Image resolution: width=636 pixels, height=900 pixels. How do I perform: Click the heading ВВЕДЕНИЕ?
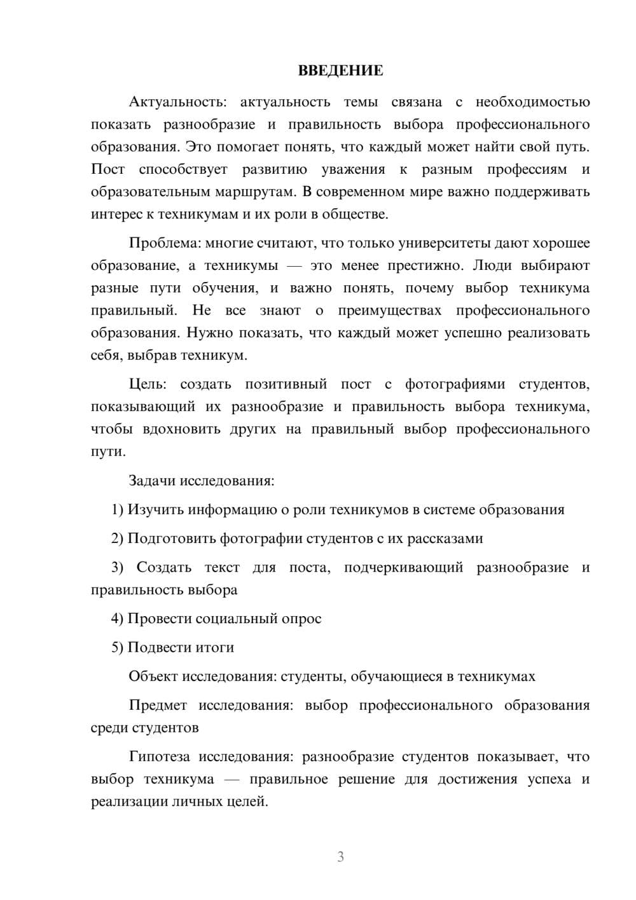pyautogui.click(x=340, y=71)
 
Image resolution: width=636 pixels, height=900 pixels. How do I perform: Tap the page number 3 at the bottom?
pyautogui.click(x=340, y=857)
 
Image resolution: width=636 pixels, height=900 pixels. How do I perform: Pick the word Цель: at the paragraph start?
pyautogui.click(x=148, y=384)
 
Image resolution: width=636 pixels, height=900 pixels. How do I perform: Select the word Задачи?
pyautogui.click(x=152, y=481)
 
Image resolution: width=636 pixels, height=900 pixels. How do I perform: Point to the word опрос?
pyautogui.click(x=301, y=619)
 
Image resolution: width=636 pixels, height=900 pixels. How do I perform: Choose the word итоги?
pyautogui.click(x=212, y=647)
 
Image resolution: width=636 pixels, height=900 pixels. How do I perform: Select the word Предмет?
pyautogui.click(x=158, y=705)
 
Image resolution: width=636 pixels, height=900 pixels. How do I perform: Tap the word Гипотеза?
pyautogui.click(x=160, y=757)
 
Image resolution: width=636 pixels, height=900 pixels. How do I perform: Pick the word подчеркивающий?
pyautogui.click(x=403, y=567)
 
